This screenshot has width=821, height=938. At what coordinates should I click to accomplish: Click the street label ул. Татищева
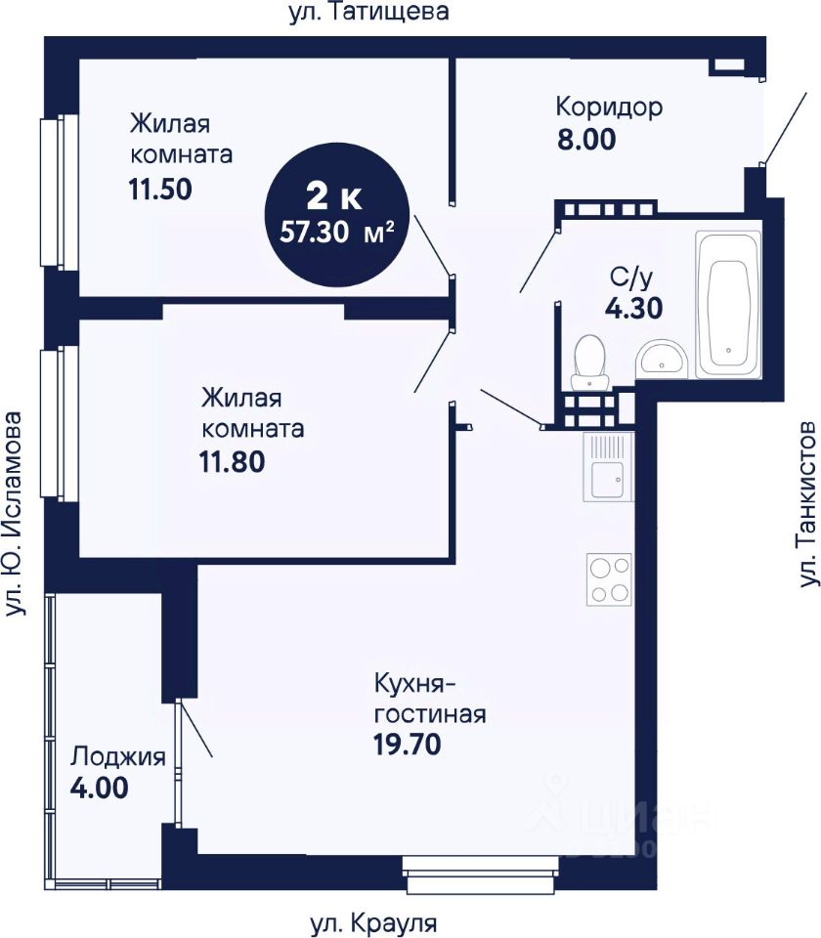click(368, 12)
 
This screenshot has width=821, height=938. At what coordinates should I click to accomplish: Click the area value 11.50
click(160, 189)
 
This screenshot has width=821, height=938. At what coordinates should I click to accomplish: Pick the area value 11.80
click(232, 462)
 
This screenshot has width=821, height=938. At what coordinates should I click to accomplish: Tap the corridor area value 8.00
click(586, 140)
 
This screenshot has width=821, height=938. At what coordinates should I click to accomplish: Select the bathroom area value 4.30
click(633, 308)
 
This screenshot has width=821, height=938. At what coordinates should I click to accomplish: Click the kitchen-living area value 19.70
click(408, 745)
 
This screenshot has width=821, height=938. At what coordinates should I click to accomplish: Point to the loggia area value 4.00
click(100, 788)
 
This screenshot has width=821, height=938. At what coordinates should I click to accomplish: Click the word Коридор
click(609, 107)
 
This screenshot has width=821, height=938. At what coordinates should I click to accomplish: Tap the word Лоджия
click(118, 756)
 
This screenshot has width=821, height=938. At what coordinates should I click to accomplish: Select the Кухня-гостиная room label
click(430, 700)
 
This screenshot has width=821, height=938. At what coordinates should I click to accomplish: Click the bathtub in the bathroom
click(728, 305)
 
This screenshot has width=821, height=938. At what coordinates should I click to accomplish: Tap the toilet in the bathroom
click(589, 363)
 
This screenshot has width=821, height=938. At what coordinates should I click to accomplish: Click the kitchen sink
click(608, 467)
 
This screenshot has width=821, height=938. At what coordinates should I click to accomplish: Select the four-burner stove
click(609, 579)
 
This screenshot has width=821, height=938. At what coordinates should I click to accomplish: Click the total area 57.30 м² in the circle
click(337, 232)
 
